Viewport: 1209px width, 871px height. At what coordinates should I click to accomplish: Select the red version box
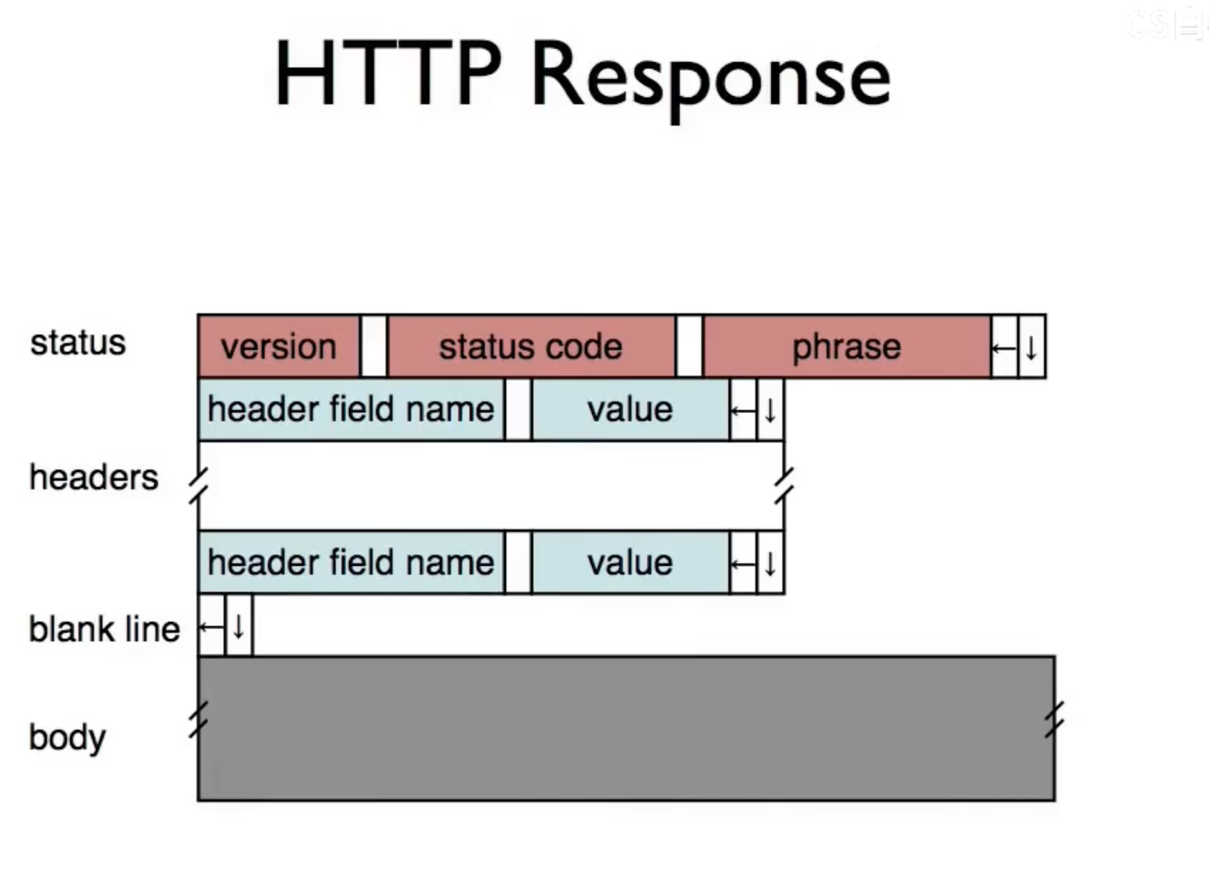click(x=278, y=347)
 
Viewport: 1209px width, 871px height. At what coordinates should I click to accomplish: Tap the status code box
click(x=531, y=347)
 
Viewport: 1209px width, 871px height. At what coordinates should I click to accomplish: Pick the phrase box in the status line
click(x=847, y=347)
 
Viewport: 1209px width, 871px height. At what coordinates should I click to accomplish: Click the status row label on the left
click(x=78, y=342)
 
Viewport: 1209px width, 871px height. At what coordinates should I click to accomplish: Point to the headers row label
click(x=94, y=477)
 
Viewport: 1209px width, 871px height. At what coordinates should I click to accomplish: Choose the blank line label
click(x=104, y=629)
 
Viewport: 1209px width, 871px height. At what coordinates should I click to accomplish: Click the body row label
click(x=67, y=738)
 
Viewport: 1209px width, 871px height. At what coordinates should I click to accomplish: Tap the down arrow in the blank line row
click(x=239, y=626)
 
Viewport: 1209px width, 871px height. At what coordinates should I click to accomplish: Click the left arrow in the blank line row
click(x=212, y=626)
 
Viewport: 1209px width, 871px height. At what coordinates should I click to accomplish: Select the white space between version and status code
click(x=374, y=347)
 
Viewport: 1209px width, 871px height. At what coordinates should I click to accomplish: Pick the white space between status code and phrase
click(x=689, y=347)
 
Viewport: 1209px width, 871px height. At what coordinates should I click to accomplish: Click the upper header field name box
click(x=351, y=409)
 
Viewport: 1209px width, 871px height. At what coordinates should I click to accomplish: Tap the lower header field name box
click(x=351, y=563)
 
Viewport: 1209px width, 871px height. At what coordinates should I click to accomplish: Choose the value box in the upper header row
click(x=630, y=409)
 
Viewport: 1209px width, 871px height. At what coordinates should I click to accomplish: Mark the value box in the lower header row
click(x=630, y=563)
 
